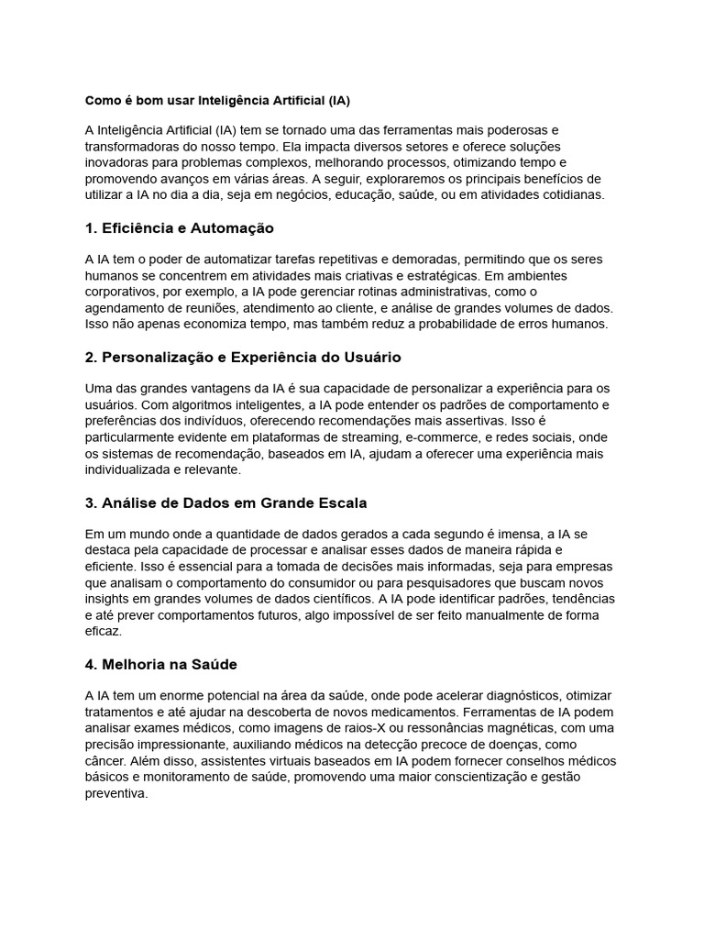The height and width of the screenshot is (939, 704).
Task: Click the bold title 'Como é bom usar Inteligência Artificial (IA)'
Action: pyautogui.click(x=218, y=99)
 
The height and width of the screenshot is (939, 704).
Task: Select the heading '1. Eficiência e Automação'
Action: pyautogui.click(x=180, y=227)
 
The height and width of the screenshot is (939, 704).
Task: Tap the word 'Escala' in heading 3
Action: pyautogui.click(x=338, y=503)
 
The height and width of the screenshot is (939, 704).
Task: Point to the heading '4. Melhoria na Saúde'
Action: pyautogui.click(x=161, y=664)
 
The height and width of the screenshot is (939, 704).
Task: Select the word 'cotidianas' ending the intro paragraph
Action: pyautogui.click(x=570, y=194)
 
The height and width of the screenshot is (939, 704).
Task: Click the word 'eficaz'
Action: pyautogui.click(x=103, y=632)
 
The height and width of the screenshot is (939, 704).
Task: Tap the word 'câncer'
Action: pyautogui.click(x=105, y=761)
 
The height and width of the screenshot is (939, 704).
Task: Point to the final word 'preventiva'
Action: pyautogui.click(x=115, y=794)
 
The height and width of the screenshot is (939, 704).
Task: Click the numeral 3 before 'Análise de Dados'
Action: pyautogui.click(x=90, y=503)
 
